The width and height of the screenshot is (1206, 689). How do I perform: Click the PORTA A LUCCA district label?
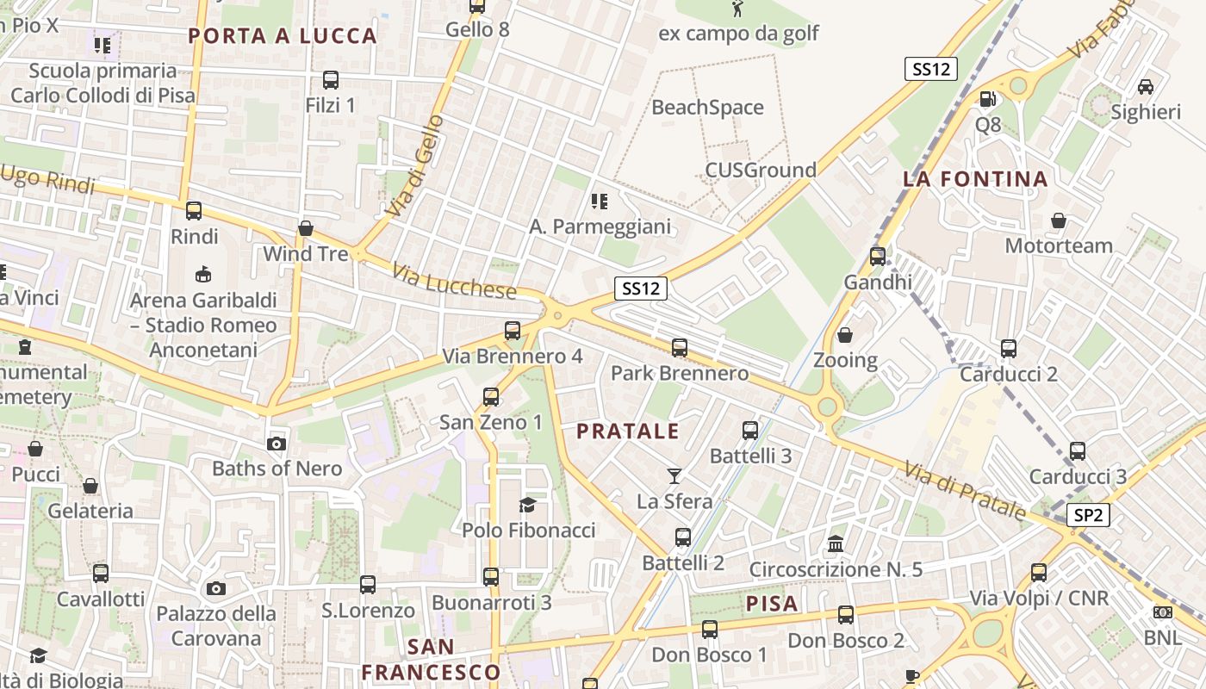coord(283,36)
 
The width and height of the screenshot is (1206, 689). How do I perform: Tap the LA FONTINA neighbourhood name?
coord(975,179)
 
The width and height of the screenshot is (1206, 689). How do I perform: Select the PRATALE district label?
coord(628,431)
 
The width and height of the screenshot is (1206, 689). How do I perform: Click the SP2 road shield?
coord(1088,516)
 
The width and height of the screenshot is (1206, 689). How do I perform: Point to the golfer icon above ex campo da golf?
coord(737,9)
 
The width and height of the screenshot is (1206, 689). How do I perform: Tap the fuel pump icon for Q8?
coord(988,99)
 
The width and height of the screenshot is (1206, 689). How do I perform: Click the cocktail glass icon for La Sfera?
coord(674,475)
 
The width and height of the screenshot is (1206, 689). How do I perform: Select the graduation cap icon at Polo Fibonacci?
coord(527,505)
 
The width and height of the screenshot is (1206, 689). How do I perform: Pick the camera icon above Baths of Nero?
coord(277,444)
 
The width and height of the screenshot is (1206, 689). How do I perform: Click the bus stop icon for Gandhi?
coord(878,256)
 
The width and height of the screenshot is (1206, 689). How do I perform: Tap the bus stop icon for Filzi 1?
coord(330,80)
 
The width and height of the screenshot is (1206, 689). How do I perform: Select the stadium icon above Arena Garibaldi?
coord(203,275)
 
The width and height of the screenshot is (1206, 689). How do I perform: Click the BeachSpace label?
coord(708,108)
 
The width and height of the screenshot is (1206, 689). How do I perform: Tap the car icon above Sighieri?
coord(1146,86)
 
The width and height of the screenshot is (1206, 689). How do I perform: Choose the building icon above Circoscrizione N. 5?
coord(835,543)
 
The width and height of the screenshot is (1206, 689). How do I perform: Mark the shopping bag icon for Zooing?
coord(845,334)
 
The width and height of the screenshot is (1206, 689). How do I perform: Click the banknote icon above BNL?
coord(1163,612)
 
